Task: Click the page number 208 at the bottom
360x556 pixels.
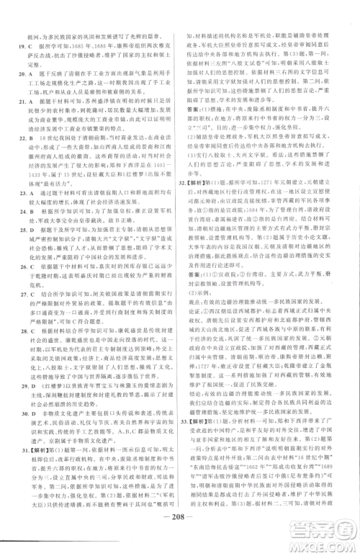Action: [179, 539]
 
